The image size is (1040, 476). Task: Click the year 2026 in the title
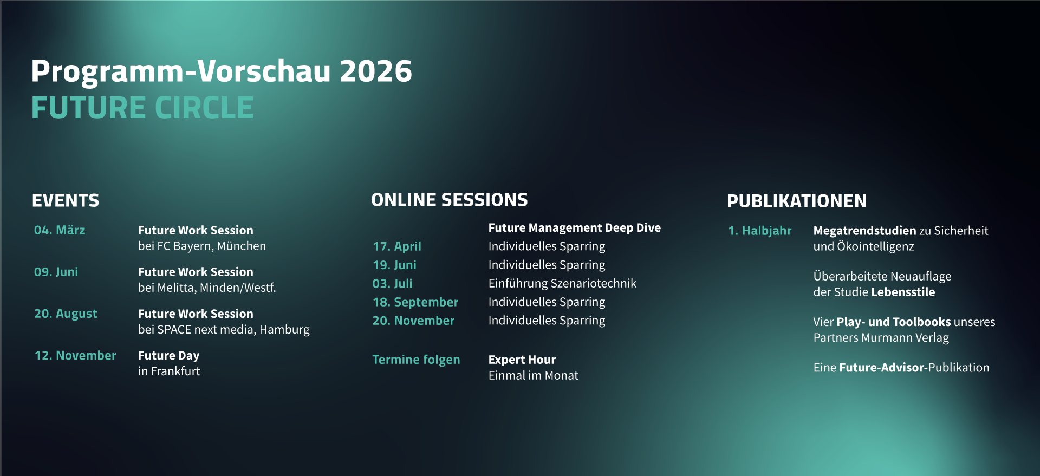point(375,71)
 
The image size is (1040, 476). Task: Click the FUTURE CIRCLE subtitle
point(142,108)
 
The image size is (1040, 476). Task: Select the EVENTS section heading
point(66,201)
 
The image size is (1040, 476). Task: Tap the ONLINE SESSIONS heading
point(449,200)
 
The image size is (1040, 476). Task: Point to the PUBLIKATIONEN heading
point(796,201)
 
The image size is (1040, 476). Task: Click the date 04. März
point(60,230)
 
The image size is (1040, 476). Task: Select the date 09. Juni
point(56,272)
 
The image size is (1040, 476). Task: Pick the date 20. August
point(66,314)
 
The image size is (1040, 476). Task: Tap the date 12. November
point(75,355)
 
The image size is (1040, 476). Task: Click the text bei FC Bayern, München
point(201,246)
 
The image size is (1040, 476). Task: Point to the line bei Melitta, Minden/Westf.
point(206,288)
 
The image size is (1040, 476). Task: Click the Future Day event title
point(168,355)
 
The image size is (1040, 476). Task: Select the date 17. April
point(396,246)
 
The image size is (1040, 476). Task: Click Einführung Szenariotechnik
point(562,283)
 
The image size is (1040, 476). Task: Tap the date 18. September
point(415,302)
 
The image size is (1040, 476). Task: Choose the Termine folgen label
point(416,360)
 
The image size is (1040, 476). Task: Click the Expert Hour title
point(522,360)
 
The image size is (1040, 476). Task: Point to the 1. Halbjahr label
point(759,231)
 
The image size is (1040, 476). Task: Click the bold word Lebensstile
point(903,292)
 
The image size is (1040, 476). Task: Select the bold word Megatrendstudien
point(864,231)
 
